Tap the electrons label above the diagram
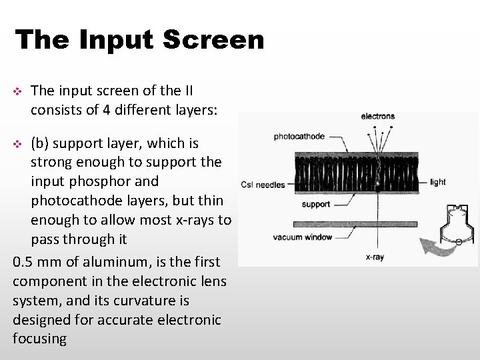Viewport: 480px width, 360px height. pyautogui.click(x=377, y=117)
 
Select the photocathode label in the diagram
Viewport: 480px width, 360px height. pyautogui.click(x=299, y=137)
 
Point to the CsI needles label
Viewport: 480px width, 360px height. pyautogui.click(x=263, y=185)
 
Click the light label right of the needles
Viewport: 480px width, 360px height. pyautogui.click(x=438, y=182)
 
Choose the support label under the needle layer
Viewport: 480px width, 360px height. pyautogui.click(x=316, y=204)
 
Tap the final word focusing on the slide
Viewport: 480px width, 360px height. pyautogui.click(x=39, y=339)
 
